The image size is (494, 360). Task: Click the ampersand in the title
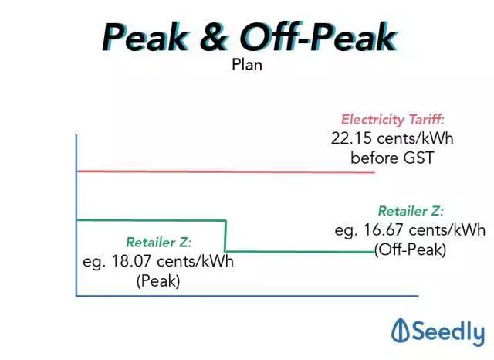click(x=213, y=38)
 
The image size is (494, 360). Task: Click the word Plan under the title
click(x=247, y=65)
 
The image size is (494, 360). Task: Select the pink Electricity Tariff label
click(x=393, y=120)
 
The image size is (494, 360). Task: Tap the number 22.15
click(x=351, y=138)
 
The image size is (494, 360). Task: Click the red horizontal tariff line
click(x=226, y=172)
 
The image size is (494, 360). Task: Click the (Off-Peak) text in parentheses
click(x=410, y=250)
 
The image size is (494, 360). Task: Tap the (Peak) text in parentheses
click(x=158, y=281)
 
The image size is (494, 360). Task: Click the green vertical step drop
click(x=225, y=236)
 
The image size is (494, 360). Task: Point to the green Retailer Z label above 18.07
click(x=159, y=243)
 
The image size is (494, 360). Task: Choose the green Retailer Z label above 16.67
click(x=411, y=211)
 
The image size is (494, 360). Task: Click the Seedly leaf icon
click(x=401, y=330)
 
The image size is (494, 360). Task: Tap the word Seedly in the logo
click(x=448, y=332)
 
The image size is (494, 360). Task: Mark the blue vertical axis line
click(x=76, y=216)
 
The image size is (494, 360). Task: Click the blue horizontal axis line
click(x=247, y=296)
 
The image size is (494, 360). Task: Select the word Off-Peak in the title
click(x=318, y=37)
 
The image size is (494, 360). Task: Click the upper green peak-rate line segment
click(x=151, y=220)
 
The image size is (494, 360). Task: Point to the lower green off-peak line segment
click(x=300, y=252)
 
